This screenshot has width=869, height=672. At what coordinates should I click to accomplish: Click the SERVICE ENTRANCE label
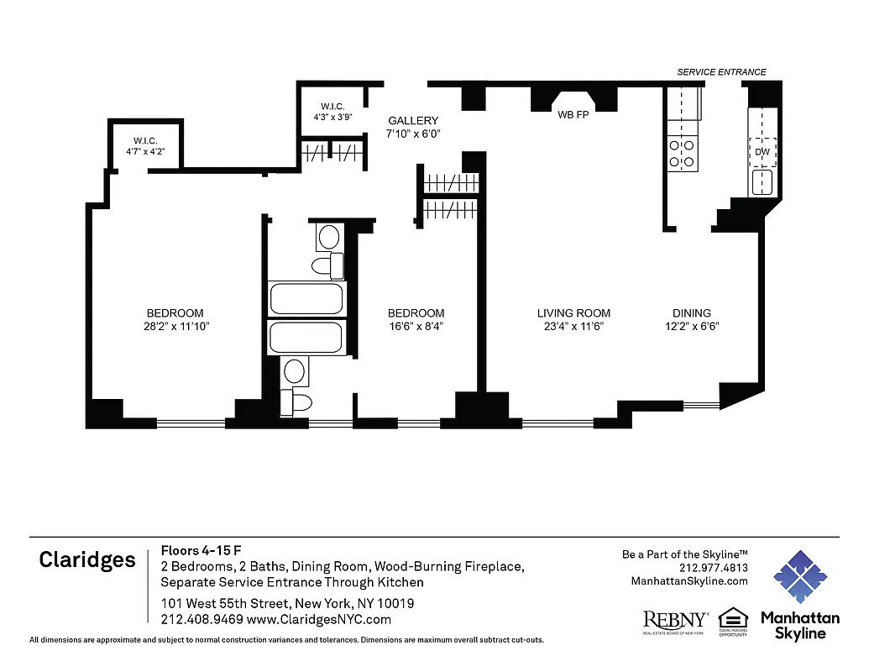click(721, 72)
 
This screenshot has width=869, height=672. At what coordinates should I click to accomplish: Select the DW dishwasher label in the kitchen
click(762, 151)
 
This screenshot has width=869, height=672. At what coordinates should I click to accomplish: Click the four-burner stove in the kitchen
click(681, 152)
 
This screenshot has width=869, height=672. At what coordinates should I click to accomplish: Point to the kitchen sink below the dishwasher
click(762, 182)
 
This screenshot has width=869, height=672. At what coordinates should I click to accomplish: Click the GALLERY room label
click(412, 121)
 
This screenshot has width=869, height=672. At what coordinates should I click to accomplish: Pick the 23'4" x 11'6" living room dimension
click(573, 327)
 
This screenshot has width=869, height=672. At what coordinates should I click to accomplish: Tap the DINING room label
click(691, 313)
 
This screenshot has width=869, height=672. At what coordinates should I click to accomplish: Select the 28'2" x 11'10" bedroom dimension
click(175, 327)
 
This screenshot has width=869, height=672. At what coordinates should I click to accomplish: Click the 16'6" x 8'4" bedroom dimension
click(416, 327)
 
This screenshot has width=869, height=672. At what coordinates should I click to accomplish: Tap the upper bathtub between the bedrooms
click(306, 299)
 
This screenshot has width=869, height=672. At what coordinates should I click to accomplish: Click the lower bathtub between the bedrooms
click(306, 337)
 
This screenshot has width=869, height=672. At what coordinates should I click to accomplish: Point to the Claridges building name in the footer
click(87, 561)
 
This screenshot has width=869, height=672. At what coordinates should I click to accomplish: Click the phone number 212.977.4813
click(713, 568)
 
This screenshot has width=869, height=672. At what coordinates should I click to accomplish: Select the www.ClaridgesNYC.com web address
click(318, 620)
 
